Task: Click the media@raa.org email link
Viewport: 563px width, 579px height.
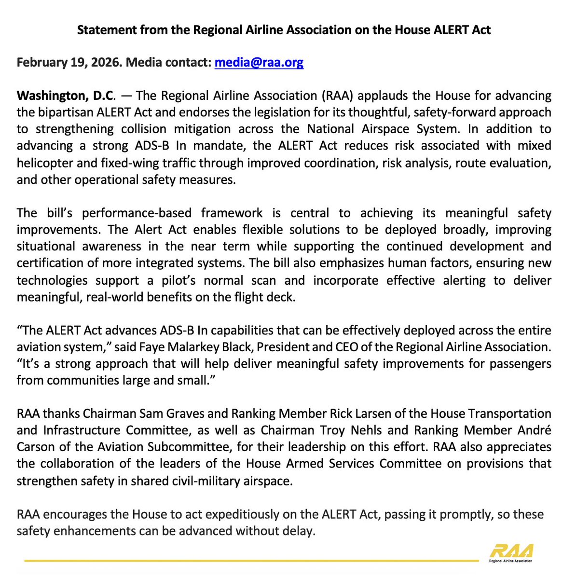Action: tap(259, 62)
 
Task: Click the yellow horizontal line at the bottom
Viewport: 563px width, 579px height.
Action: tap(251, 561)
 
